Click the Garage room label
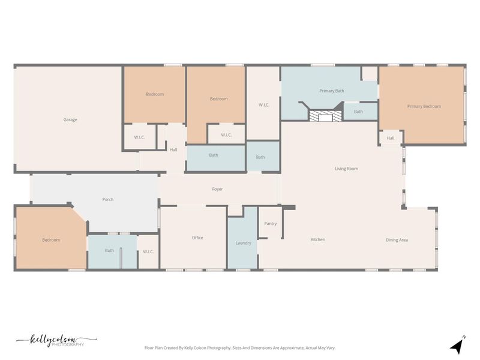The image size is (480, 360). coord(70,119)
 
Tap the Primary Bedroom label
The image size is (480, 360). coord(424,106)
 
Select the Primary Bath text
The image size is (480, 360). coord(331,91)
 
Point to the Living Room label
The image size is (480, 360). coord(346,169)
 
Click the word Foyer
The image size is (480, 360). coord(217,189)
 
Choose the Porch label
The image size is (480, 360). coord(108,199)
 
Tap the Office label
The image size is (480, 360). coord(197,238)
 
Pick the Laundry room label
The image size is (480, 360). coord(243,243)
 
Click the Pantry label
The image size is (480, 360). coord(271,224)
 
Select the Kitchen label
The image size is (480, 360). coord(317,239)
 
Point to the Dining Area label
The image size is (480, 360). coord(397,240)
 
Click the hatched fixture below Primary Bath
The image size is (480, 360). coord(325,116)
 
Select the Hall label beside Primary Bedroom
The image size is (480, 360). coord(391,138)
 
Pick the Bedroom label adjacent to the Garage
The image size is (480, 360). coord(155,94)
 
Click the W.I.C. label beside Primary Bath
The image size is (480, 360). coord(263,105)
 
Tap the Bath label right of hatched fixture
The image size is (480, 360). coord(358,111)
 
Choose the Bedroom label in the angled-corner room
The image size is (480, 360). coord(51,240)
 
